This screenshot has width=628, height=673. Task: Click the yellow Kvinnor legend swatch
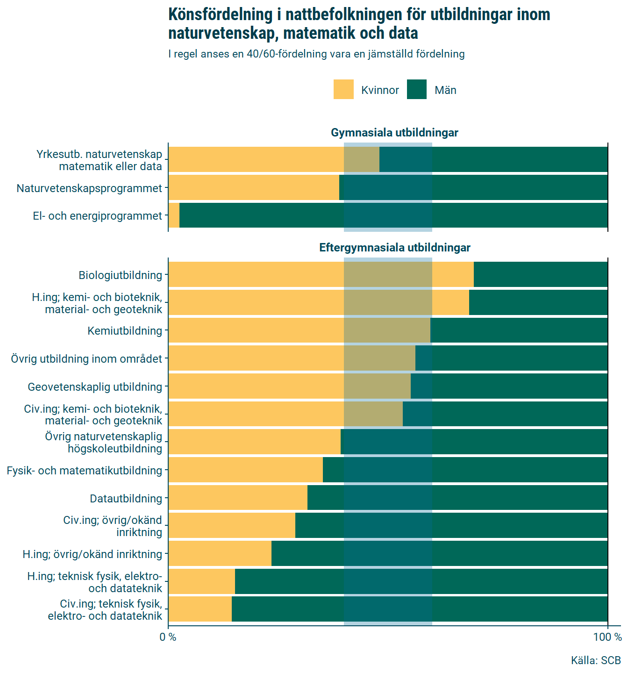point(343,89)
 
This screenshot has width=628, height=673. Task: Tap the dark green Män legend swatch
point(417,89)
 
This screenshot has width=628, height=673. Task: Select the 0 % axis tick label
point(168,637)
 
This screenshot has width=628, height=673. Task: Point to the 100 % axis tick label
point(607,637)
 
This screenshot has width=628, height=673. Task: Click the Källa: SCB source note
point(596,660)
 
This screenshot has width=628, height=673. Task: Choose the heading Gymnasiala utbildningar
point(394,133)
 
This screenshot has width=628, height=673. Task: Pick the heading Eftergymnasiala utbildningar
point(394,248)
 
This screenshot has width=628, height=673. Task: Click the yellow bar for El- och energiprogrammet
point(174,215)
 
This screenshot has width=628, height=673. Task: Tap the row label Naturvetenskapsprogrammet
point(89,188)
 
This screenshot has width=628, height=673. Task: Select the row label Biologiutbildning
point(120,275)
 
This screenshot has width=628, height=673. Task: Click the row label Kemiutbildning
point(125,331)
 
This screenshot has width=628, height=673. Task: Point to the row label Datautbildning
point(126,499)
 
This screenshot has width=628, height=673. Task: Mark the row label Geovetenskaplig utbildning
point(95,387)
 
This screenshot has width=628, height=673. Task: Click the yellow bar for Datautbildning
point(238,498)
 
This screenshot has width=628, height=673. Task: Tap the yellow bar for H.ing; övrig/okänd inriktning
point(220,554)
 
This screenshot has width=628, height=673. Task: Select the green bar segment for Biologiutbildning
point(541,274)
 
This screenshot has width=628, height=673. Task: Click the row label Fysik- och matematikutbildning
point(85,471)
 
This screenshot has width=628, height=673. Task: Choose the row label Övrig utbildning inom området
point(86,359)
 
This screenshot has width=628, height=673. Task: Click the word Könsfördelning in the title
point(220,14)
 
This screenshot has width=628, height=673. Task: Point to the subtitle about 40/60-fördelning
point(316,54)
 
